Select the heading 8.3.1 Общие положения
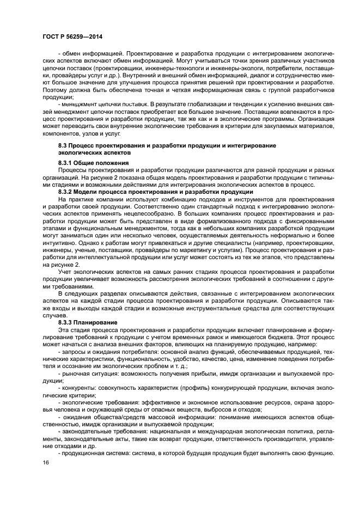coord(93,163)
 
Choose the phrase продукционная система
coord(91,453)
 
